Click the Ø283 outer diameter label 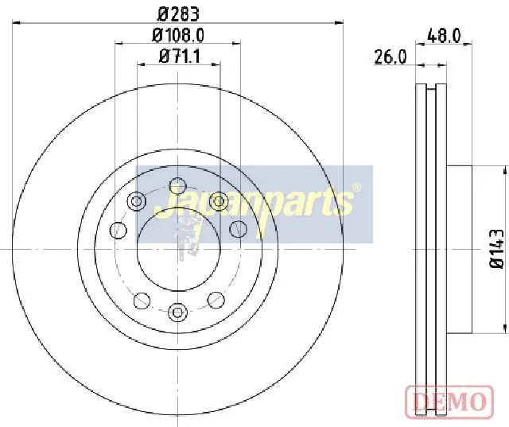tap(178, 14)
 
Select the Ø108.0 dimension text tap(178, 35)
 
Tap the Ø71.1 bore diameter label tap(180, 56)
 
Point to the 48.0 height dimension tap(444, 35)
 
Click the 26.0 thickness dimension tap(390, 57)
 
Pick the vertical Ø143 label tap(496, 248)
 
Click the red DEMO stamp tap(449, 401)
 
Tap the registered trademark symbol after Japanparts tap(356, 188)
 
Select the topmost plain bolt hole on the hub tap(178, 186)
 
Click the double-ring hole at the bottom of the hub tap(178, 312)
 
